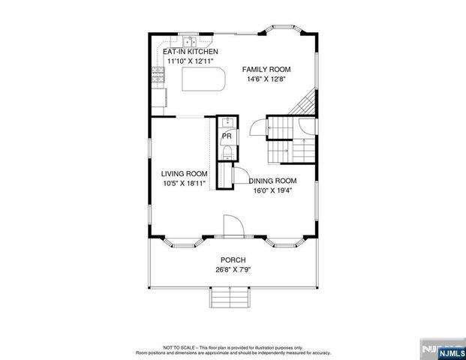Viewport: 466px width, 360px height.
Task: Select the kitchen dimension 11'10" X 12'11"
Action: (x=190, y=61)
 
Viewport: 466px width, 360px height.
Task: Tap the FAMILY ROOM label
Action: (x=266, y=69)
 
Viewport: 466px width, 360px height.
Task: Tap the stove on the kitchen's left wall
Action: (x=158, y=74)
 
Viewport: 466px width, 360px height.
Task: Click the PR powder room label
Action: (x=225, y=136)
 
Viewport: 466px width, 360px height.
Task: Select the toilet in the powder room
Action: (x=227, y=154)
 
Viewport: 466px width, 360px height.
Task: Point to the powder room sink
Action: (x=227, y=125)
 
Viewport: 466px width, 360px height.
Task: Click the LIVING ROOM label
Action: (x=184, y=173)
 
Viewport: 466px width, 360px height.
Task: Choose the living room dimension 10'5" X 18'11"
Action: (x=184, y=183)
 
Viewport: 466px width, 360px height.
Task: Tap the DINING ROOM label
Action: (x=272, y=181)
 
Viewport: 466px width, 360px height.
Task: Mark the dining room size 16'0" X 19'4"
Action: (x=272, y=190)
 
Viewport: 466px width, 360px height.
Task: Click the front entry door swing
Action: (x=231, y=226)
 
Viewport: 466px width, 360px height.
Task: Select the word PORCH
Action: (x=233, y=259)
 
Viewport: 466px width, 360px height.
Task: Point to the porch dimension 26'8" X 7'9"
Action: (x=233, y=269)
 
